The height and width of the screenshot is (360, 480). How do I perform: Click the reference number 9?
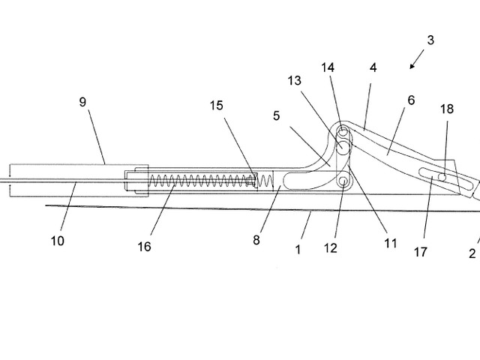pyautogui.click(x=82, y=102)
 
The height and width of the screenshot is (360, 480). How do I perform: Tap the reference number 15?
pyautogui.click(x=216, y=106)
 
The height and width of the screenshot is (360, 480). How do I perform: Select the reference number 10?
pyautogui.click(x=57, y=241)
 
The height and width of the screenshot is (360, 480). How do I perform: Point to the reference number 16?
pyautogui.click(x=144, y=246)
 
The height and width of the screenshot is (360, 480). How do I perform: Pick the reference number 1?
pyautogui.click(x=298, y=249)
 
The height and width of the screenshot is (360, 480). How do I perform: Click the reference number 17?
pyautogui.click(x=420, y=253)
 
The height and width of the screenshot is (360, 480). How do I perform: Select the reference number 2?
pyautogui.click(x=472, y=253)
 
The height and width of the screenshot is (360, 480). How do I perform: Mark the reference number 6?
pyautogui.click(x=410, y=100)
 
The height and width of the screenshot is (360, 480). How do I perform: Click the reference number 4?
pyautogui.click(x=373, y=67)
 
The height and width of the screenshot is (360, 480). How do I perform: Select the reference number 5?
pyautogui.click(x=277, y=116)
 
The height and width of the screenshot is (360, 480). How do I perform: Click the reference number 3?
pyautogui.click(x=430, y=40)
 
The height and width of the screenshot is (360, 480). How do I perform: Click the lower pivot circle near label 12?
pyautogui.click(x=343, y=181)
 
